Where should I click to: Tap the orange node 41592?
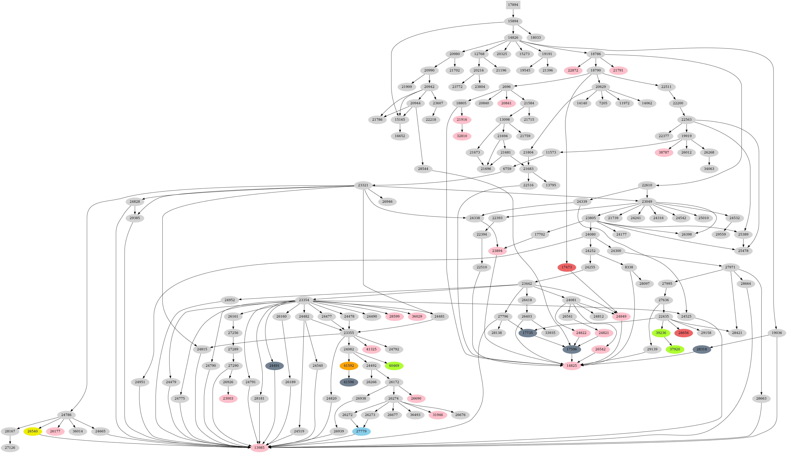[349, 366]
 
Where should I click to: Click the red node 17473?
[566, 267]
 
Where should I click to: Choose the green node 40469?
[394, 366]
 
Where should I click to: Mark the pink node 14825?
[572, 366]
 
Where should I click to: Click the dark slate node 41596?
[349, 382]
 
